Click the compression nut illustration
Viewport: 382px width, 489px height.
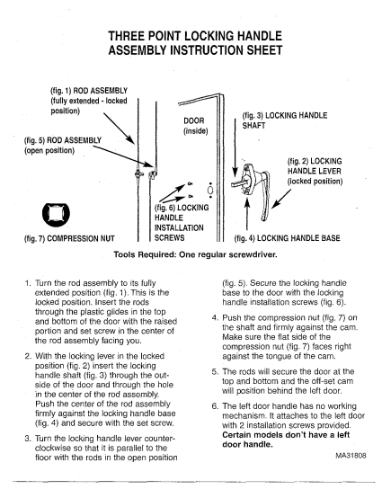56,213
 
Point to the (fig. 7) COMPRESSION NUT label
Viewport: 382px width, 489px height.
69,238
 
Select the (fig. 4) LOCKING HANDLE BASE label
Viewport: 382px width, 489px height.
288,238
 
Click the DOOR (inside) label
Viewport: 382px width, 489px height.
196,125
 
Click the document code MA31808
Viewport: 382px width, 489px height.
351,456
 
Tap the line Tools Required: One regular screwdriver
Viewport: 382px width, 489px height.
195,254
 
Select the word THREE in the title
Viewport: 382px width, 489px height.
127,36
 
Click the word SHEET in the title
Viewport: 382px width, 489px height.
265,50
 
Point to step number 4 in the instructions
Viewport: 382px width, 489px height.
215,318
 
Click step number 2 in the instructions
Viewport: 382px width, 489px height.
28,356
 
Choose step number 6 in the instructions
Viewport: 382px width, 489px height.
215,406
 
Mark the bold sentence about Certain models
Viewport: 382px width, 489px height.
286,440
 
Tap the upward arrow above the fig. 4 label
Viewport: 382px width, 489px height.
247,213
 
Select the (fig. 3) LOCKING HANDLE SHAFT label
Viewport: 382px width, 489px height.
285,120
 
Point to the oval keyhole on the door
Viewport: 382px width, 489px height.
210,190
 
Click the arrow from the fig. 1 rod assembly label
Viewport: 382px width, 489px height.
120,129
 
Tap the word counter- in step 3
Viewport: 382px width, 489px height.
159,439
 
